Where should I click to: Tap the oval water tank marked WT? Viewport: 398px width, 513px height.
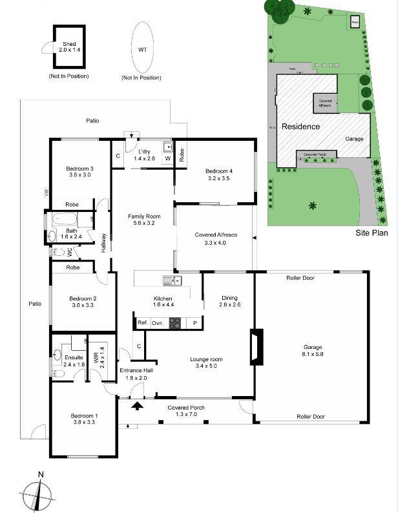click(x=141, y=48)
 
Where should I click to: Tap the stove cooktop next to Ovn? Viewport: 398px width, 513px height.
click(x=174, y=322)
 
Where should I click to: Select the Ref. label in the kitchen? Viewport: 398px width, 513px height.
click(x=143, y=322)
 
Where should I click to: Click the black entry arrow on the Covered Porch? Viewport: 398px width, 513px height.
click(x=137, y=406)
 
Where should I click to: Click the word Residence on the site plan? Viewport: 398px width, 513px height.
click(x=300, y=127)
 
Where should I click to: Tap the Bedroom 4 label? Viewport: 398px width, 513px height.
click(x=217, y=174)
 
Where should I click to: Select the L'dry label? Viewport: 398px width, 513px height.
click(x=144, y=154)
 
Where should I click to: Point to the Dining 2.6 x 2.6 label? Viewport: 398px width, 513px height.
click(x=229, y=300)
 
